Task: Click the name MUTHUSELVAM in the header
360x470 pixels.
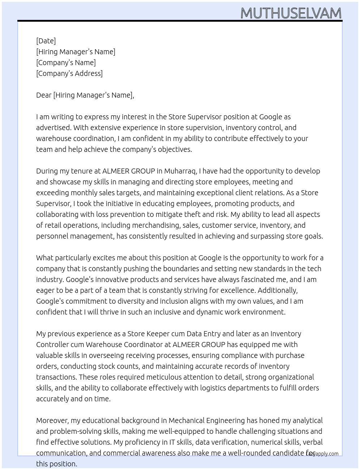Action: click(291, 13)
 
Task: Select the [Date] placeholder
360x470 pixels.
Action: click(46, 41)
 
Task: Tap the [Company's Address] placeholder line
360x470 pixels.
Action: click(69, 73)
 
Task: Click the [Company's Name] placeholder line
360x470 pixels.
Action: click(66, 63)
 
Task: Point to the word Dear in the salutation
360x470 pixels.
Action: click(44, 95)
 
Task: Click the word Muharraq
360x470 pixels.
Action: click(180, 171)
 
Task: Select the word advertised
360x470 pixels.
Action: click(53, 128)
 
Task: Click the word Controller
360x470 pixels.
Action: click(53, 345)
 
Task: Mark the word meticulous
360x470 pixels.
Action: click(164, 377)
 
